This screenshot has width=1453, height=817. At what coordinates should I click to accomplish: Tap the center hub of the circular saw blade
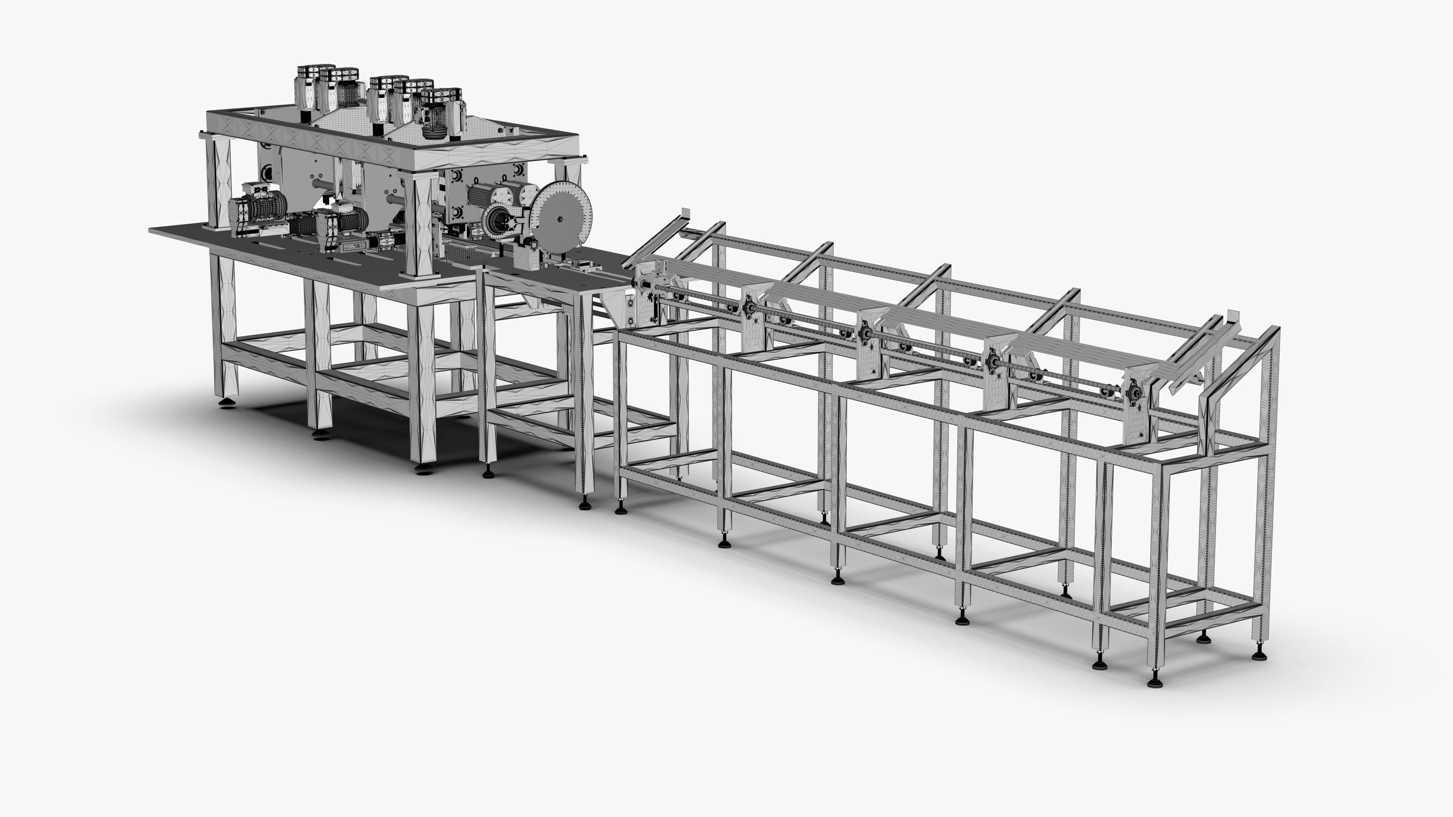click(x=560, y=218)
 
